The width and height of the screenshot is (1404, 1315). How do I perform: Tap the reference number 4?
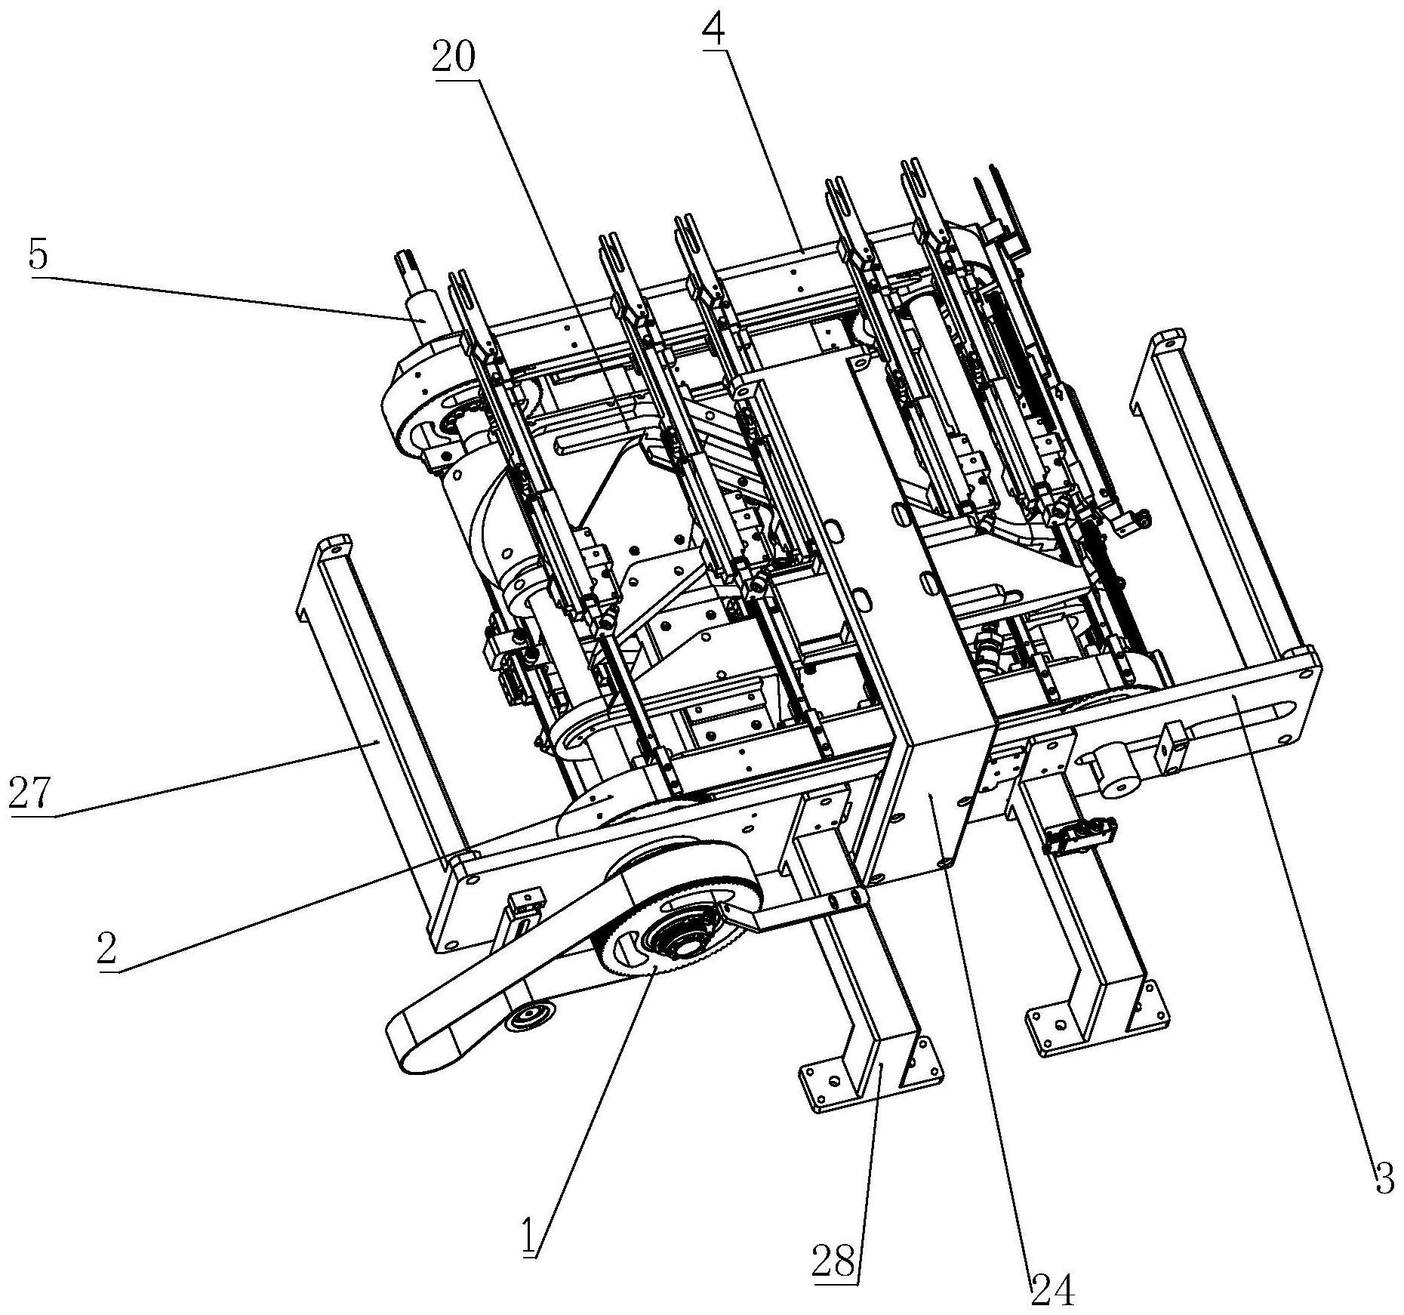click(713, 29)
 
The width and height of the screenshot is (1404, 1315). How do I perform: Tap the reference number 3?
click(1384, 1178)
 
